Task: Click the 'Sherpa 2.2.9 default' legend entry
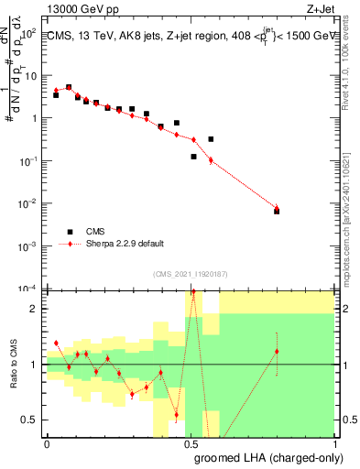tap(124, 244)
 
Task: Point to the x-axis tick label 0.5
tap(191, 443)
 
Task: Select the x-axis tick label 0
tap(47, 443)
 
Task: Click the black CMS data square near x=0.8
tap(277, 212)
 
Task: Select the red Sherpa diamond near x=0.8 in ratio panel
tap(277, 352)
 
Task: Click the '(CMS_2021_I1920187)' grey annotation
tap(191, 273)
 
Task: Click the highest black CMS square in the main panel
tap(69, 87)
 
